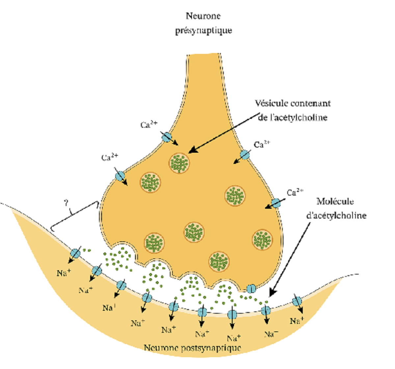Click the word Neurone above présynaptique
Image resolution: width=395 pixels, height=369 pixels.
(203, 16)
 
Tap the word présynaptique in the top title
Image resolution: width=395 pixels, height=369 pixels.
(203, 31)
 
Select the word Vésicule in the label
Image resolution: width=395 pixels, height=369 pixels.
(270, 103)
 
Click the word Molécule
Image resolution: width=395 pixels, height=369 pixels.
(335, 201)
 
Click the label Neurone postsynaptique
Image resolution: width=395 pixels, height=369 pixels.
(192, 348)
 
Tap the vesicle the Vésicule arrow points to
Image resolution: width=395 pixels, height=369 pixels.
(179, 163)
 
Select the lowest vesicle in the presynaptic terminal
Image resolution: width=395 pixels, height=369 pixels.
(219, 261)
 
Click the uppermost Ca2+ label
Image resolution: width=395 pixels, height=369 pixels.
(149, 125)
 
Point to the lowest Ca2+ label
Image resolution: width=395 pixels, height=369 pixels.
(295, 192)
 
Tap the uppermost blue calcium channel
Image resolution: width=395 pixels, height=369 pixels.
(167, 137)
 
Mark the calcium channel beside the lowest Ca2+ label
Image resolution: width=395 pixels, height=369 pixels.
(276, 203)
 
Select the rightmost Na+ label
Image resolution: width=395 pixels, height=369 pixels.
(297, 321)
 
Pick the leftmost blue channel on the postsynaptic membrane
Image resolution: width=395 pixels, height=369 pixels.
(75, 253)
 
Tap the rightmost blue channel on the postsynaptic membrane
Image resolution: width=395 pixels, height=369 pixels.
(297, 301)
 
